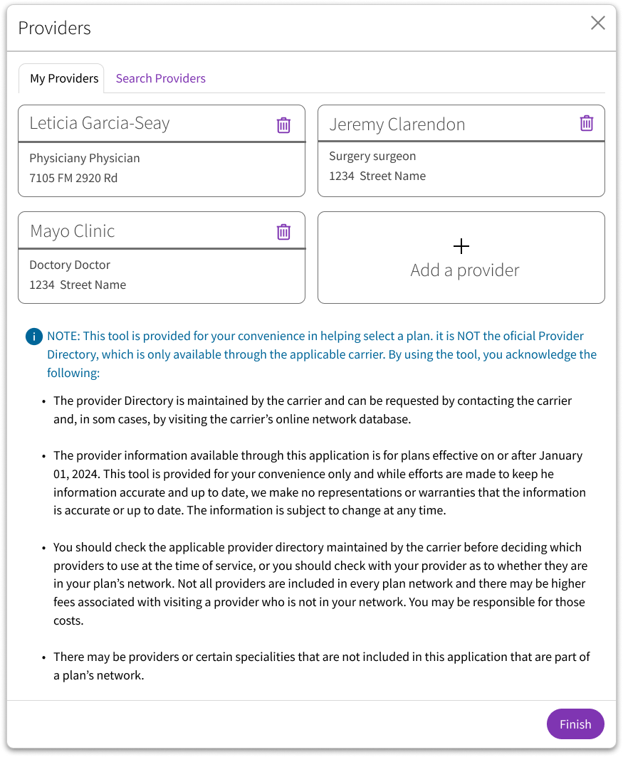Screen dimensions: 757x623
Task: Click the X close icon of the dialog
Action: [598, 23]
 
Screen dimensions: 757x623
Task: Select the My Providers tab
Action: [64, 79]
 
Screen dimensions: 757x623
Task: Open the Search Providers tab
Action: [160, 79]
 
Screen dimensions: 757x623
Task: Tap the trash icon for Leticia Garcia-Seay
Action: [283, 125]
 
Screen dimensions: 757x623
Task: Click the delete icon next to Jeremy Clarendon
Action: [586, 123]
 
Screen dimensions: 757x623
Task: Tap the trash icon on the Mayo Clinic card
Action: [283, 232]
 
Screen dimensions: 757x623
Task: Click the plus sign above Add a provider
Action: [461, 247]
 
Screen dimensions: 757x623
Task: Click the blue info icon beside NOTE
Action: [33, 337]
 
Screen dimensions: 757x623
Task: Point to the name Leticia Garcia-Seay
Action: [100, 123]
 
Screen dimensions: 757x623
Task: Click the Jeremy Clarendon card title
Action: [397, 125]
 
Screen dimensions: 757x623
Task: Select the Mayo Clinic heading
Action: [72, 231]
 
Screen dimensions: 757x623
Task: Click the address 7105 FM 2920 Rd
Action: [73, 178]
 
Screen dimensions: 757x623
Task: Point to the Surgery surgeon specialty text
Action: [372, 156]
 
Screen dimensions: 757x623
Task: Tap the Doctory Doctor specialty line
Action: [70, 265]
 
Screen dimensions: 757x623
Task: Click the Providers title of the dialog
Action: [55, 28]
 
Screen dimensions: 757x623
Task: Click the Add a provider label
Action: [465, 270]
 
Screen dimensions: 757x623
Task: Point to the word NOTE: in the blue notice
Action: [64, 336]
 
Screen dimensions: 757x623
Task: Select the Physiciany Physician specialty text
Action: [85, 158]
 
